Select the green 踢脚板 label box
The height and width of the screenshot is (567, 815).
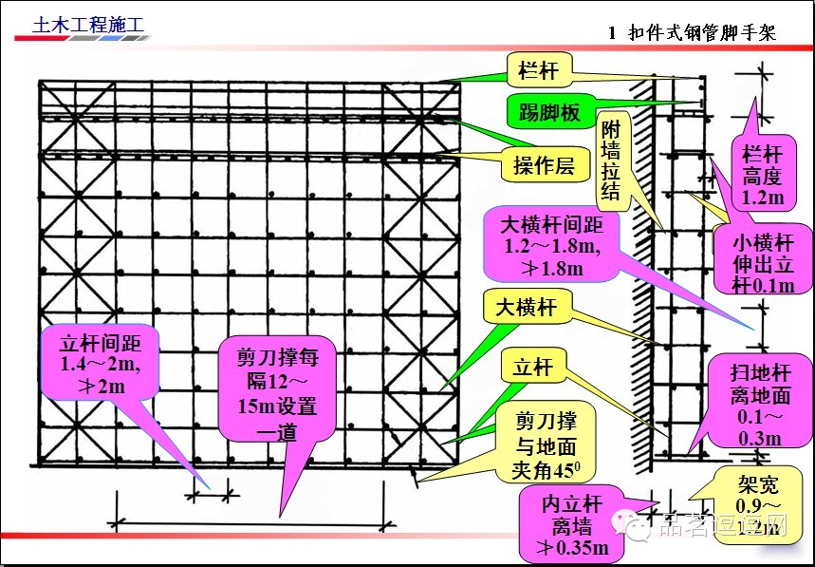(x=549, y=111)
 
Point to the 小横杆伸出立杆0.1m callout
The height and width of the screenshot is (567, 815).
(x=760, y=262)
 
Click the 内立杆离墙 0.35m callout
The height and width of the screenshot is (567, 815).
(x=570, y=522)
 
